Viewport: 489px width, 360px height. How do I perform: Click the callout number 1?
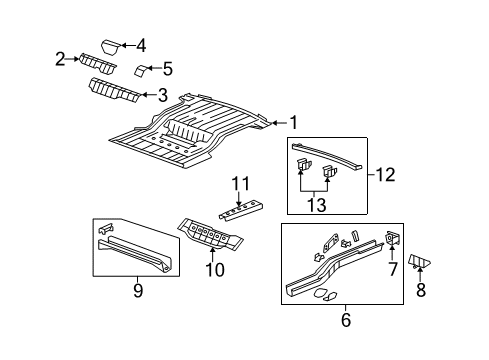point(294,123)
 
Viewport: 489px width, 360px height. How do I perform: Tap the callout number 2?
point(62,59)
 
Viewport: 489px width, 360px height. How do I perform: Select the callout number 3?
point(162,97)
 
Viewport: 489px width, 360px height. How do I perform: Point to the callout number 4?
point(141,45)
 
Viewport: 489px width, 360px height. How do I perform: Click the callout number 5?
point(167,69)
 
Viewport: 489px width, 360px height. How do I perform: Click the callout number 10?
point(210,270)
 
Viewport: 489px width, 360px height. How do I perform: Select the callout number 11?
point(239,183)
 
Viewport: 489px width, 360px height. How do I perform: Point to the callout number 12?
point(386,174)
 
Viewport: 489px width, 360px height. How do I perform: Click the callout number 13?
point(318,205)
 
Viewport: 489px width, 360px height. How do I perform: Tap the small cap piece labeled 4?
point(111,45)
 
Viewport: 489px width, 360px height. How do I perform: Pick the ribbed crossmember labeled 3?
point(112,92)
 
